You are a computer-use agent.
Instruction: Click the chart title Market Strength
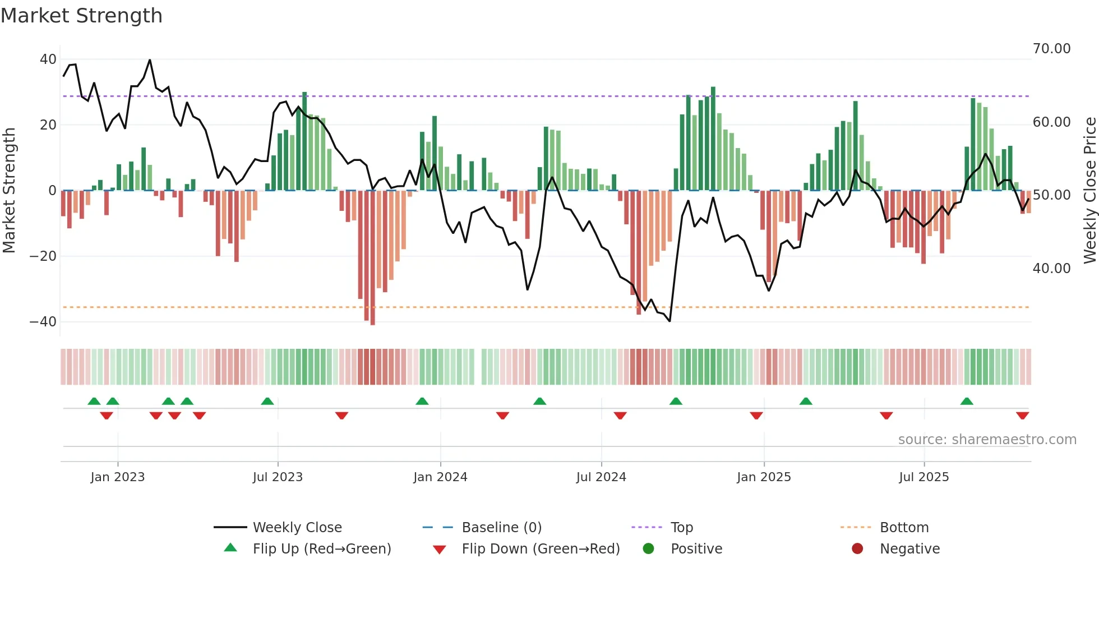(81, 16)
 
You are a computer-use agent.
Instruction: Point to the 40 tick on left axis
(48, 59)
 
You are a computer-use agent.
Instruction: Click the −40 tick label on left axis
(43, 322)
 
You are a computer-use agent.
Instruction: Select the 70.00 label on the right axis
(1051, 49)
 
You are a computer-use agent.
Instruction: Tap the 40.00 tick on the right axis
(1051, 269)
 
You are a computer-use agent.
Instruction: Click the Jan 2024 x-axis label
(440, 477)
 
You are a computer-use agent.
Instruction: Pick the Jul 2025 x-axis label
(923, 477)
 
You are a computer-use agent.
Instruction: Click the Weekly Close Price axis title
(1089, 191)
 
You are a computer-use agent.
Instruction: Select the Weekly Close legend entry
(297, 528)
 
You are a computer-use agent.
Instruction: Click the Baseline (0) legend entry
(501, 528)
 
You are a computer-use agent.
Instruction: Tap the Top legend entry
(681, 528)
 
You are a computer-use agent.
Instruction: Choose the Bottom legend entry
(904, 528)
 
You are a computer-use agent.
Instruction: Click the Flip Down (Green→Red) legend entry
(541, 549)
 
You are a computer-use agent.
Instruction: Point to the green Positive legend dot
(649, 549)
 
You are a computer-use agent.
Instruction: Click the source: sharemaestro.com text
(987, 440)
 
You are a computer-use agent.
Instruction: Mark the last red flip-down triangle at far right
(1022, 416)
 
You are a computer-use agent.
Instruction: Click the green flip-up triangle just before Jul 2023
(267, 401)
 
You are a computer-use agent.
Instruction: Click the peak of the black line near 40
(150, 60)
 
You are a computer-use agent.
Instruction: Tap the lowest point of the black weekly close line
(669, 321)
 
